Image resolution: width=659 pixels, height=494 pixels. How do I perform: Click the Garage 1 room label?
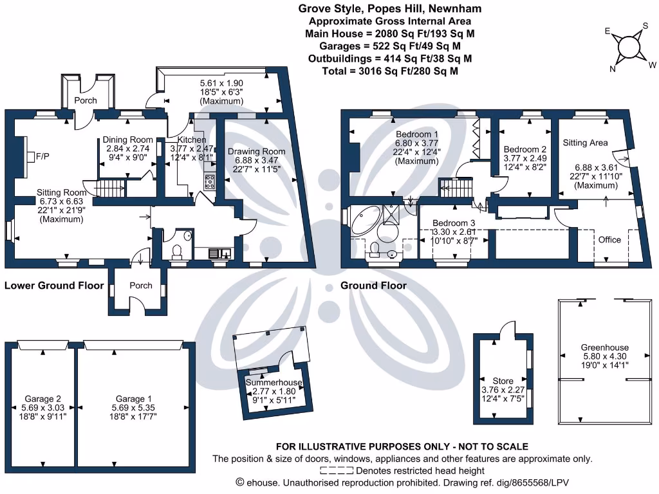[x=134, y=399]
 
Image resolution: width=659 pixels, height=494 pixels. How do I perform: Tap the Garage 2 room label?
[x=42, y=399]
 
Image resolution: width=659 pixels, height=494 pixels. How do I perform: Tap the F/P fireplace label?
[x=43, y=156]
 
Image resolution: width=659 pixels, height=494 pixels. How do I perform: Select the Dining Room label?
[x=127, y=140]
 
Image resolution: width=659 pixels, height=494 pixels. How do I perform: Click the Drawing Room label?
[x=256, y=151]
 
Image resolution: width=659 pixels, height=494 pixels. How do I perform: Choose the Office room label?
[x=609, y=239]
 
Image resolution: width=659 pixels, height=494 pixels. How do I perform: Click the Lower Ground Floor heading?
[x=54, y=286]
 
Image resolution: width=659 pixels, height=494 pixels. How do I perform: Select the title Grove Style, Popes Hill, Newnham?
[x=390, y=8]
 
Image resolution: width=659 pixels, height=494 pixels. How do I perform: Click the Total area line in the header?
[x=390, y=71]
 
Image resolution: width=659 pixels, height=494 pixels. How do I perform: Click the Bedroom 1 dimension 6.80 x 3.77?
[x=417, y=143]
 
